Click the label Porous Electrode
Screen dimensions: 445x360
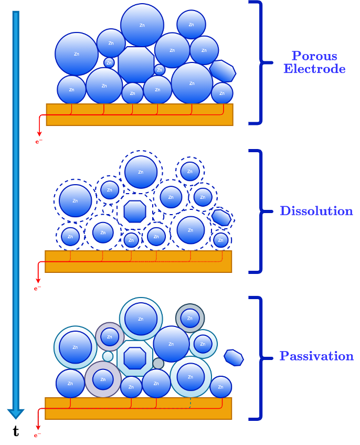(314, 62)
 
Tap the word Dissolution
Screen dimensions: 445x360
(316, 211)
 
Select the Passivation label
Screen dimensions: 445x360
(316, 356)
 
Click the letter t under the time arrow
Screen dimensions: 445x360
(16, 431)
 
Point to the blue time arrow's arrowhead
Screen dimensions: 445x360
(16, 413)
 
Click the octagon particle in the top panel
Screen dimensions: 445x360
(136, 65)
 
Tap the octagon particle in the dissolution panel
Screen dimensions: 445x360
(135, 211)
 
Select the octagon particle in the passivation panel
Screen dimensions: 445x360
(135, 358)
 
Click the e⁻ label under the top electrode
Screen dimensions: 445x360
(39, 141)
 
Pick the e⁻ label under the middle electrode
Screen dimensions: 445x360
(38, 288)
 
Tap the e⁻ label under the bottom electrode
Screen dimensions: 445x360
(38, 435)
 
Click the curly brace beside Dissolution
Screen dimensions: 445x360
(258, 211)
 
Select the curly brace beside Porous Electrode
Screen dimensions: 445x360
(258, 63)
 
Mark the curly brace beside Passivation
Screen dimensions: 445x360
(258, 358)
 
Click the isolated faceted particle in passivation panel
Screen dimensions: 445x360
(234, 357)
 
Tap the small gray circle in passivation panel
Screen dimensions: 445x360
(158, 363)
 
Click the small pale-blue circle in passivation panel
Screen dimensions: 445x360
(108, 356)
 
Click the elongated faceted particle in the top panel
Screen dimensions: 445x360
(223, 71)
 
